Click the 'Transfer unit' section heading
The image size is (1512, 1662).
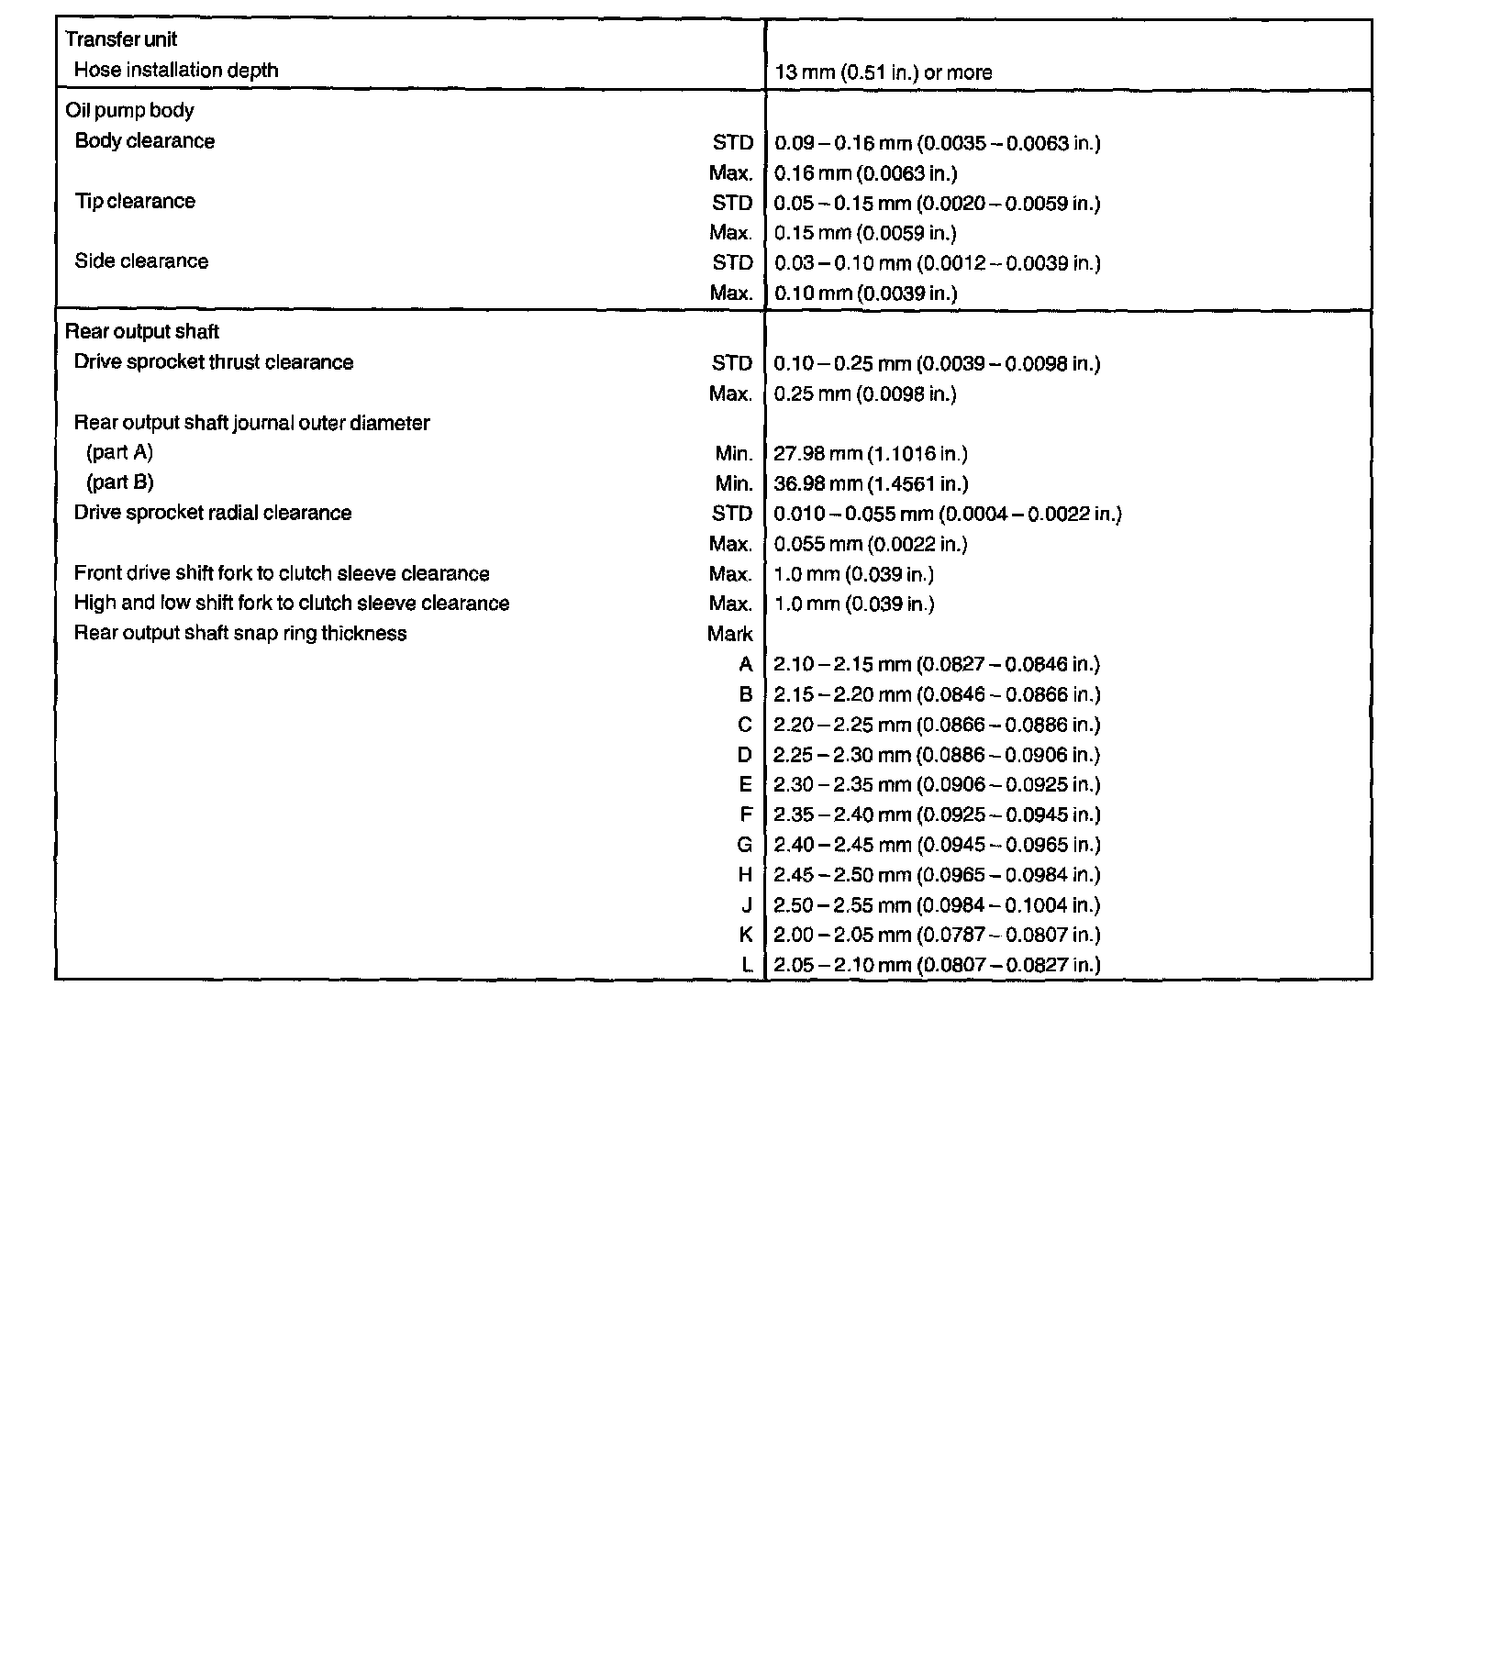pos(121,39)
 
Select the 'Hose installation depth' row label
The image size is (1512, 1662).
pos(175,70)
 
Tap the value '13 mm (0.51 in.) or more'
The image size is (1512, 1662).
pos(883,72)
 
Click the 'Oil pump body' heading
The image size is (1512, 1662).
pos(129,110)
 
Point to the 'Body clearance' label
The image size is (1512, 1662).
pos(144,141)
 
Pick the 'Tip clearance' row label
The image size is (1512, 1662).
pos(134,201)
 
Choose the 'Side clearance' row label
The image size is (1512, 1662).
pos(140,261)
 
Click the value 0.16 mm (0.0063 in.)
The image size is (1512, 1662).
pos(865,173)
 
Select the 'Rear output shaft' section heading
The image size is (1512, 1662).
pos(141,331)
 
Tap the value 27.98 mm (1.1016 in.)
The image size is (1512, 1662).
pos(870,454)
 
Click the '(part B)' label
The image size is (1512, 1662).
pos(119,482)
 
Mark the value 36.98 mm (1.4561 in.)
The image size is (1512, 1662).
pos(870,484)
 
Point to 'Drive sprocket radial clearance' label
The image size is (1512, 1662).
pos(212,513)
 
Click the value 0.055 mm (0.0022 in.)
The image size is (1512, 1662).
pos(870,545)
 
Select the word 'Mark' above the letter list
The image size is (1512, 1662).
pos(729,634)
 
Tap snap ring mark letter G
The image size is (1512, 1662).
pos(744,845)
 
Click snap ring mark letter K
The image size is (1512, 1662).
pos(745,935)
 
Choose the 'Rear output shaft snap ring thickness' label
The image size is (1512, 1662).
pos(239,634)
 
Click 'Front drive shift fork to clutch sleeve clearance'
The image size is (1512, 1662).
pos(281,574)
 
